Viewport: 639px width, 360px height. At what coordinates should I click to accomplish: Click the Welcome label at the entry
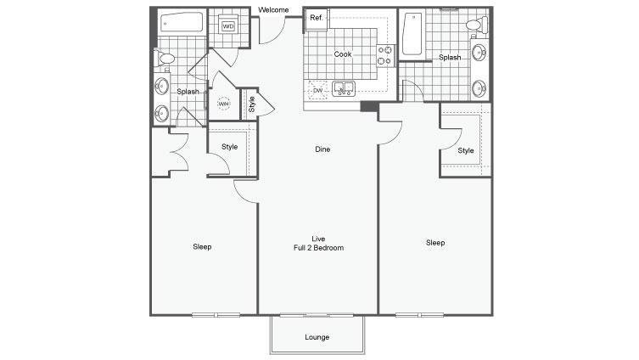pyautogui.click(x=273, y=10)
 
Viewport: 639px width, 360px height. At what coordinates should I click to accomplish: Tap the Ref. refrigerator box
pyautogui.click(x=317, y=20)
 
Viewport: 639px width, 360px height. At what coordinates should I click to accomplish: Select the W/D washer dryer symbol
pyautogui.click(x=228, y=26)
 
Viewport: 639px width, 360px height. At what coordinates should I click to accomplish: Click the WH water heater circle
pyautogui.click(x=224, y=104)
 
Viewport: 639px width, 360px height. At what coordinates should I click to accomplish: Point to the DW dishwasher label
pyautogui.click(x=318, y=91)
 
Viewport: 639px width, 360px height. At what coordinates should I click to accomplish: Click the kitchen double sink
pyautogui.click(x=344, y=89)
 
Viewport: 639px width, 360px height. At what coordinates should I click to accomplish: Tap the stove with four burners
pyautogui.click(x=385, y=55)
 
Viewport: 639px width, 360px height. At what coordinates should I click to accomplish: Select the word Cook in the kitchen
pyautogui.click(x=343, y=54)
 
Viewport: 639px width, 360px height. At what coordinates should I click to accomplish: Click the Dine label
pyautogui.click(x=322, y=149)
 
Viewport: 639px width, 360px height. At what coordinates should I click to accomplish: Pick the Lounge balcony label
pyautogui.click(x=317, y=337)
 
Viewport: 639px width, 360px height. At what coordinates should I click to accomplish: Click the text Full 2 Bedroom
pyautogui.click(x=318, y=248)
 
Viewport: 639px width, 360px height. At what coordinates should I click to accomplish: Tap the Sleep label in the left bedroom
pyautogui.click(x=202, y=247)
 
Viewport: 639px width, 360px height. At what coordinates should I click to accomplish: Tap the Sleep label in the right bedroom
pyautogui.click(x=435, y=243)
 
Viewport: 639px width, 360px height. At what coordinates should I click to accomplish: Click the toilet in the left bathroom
pyautogui.click(x=165, y=59)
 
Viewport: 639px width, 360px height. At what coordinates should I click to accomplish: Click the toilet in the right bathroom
pyautogui.click(x=477, y=25)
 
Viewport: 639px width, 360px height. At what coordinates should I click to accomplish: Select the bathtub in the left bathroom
pyautogui.click(x=182, y=22)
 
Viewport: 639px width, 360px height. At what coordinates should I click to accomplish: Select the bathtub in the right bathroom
pyautogui.click(x=412, y=34)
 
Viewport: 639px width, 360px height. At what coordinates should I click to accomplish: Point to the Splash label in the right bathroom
pyautogui.click(x=450, y=58)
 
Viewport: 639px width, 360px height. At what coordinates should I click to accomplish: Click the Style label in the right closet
pyautogui.click(x=466, y=150)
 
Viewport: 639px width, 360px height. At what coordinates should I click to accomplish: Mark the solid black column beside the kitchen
pyautogui.click(x=370, y=106)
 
